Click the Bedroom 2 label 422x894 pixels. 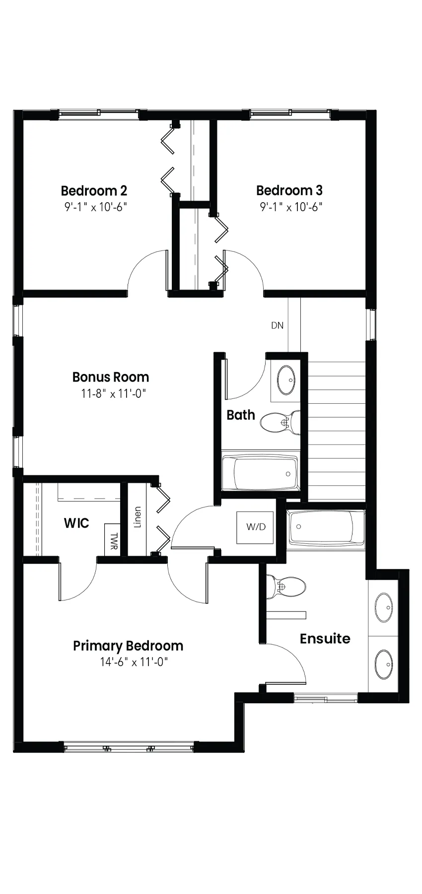tap(94, 190)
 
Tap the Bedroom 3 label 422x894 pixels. tap(289, 190)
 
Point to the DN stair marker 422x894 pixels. tap(278, 325)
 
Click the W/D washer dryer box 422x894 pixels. tap(256, 526)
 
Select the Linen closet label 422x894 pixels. tap(138, 517)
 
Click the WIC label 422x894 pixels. tap(76, 523)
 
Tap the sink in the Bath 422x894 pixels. tap(284, 380)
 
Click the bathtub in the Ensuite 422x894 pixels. tap(326, 527)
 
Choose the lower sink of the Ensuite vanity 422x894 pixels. tap(383, 665)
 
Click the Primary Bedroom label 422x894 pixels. tap(128, 646)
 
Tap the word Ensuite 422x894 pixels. tap(325, 638)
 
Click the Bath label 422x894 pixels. tap(241, 415)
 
